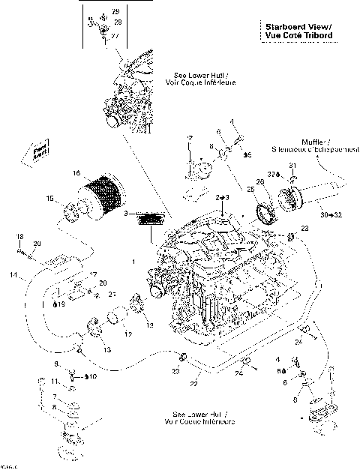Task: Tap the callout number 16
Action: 76,173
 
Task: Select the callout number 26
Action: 260,181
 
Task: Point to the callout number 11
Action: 55,381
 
